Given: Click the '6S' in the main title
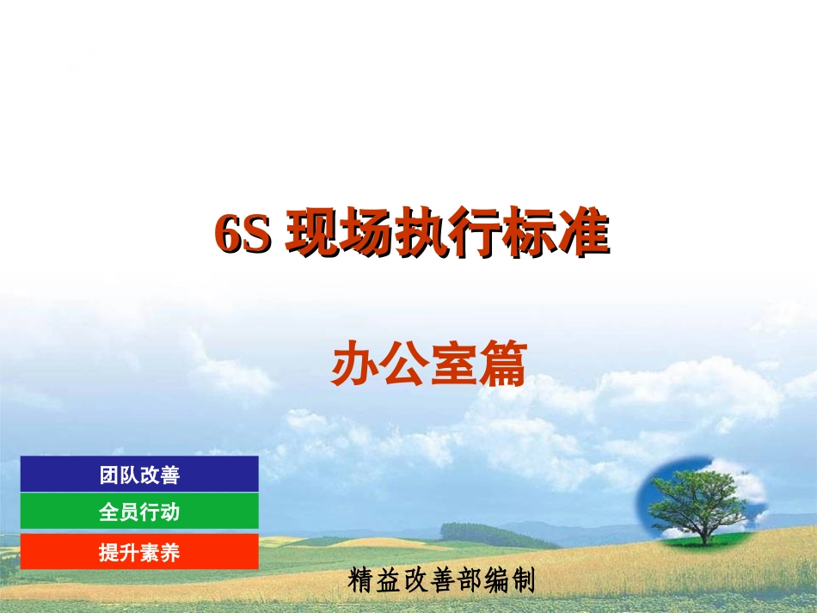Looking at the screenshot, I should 243,234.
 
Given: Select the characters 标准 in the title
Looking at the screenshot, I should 554,233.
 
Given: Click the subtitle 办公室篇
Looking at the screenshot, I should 428,365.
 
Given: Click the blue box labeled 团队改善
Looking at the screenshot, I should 139,474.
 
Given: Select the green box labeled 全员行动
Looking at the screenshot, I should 139,512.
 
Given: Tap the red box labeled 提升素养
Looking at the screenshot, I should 139,552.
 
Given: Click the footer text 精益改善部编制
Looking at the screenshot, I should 442,580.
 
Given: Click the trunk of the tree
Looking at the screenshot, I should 709,533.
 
